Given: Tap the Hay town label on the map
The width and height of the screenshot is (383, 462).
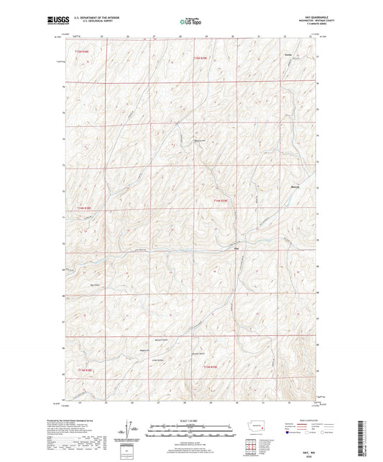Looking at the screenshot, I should pyautogui.click(x=236, y=250).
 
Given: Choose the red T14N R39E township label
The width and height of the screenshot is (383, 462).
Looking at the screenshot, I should pyautogui.click(x=219, y=200).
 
